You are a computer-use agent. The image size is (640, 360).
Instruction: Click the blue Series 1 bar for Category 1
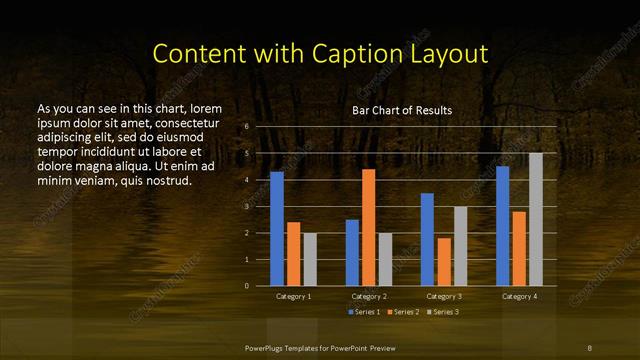point(277,229)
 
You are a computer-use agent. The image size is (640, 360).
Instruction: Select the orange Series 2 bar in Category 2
point(368,227)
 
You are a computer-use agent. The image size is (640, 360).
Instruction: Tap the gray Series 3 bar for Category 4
point(535,219)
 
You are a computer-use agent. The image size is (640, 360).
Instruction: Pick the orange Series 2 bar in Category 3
point(444,262)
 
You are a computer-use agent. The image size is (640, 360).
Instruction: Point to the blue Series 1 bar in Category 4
point(502,226)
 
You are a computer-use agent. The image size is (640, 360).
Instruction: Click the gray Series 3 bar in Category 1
point(310,259)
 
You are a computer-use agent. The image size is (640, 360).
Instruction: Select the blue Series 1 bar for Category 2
point(352,252)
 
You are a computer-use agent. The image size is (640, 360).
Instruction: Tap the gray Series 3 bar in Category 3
point(460,246)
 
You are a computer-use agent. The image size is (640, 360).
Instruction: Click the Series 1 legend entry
point(363,313)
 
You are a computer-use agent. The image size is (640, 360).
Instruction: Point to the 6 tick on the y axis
point(246,127)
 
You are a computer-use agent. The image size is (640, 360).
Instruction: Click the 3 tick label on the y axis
point(246,206)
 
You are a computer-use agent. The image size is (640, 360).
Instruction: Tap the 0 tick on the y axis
point(246,286)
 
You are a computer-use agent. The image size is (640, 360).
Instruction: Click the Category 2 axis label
point(368,297)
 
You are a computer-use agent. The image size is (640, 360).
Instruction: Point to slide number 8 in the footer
point(590,347)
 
